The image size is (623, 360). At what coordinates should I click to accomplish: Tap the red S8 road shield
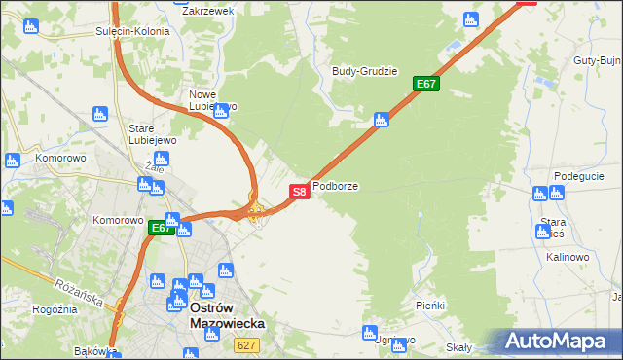point(300,192)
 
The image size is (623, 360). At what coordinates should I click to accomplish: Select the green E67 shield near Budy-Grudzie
point(426,84)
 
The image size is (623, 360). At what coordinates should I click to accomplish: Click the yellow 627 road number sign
point(246,345)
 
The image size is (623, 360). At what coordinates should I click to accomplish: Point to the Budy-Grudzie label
point(364,71)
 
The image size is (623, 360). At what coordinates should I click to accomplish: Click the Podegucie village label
point(579,176)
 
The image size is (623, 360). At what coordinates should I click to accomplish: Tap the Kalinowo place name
point(568,257)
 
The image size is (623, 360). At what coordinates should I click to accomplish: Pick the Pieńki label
point(429,306)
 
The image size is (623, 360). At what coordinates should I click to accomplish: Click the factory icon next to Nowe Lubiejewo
point(221,111)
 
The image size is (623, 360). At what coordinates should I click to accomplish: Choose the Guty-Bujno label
point(598,60)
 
